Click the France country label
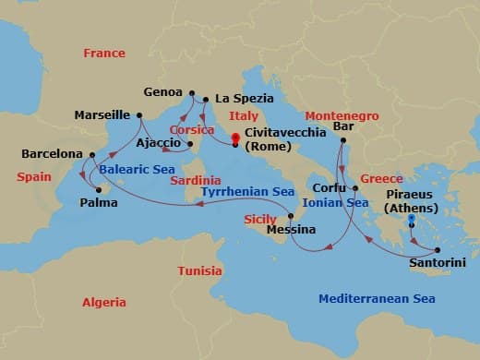pos(103,54)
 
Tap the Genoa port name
pos(163,91)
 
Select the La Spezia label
pos(241,98)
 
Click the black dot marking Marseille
pos(138,115)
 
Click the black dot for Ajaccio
pos(190,143)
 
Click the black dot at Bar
pos(342,140)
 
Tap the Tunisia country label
pos(198,270)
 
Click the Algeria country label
pos(104,302)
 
